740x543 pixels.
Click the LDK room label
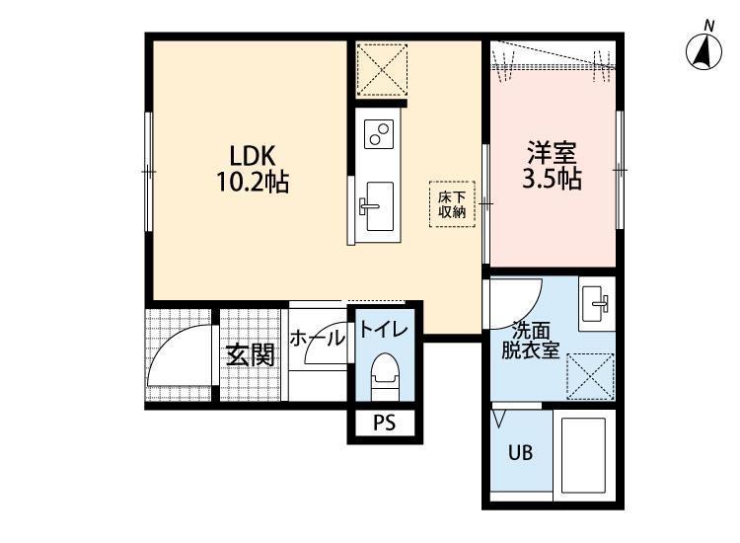pos(252,155)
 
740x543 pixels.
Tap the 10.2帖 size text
pos(253,182)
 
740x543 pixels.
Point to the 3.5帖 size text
pos(552,178)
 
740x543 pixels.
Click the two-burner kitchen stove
pos(379,134)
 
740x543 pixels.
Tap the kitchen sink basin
pos(380,206)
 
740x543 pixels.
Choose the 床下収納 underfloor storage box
pos(452,204)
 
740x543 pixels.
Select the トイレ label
pos(383,329)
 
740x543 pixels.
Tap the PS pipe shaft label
pos(385,423)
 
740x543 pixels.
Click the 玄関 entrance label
pos(251,355)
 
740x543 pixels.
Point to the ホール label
pos(317,338)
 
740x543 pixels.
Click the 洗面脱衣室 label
pos(531,341)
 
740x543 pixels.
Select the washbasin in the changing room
pos(597,303)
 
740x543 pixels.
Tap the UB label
pos(521,453)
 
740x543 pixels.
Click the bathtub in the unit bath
pos(583,455)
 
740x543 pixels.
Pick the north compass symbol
pos(703,48)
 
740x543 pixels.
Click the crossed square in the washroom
pos(590,376)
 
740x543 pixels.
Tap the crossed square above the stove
pos(381,70)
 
